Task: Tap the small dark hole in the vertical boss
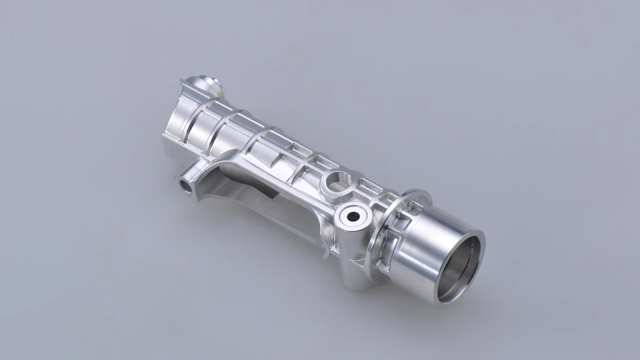353,216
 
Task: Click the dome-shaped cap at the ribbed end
205,85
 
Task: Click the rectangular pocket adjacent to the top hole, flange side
368,187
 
